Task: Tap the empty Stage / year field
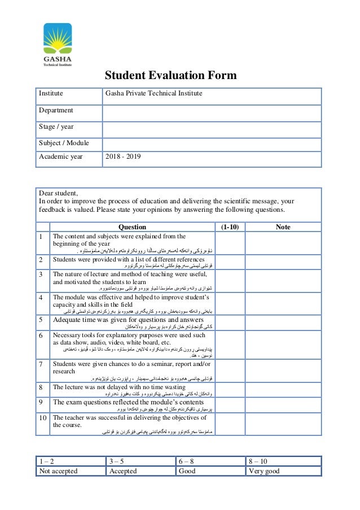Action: pyautogui.click(x=211, y=128)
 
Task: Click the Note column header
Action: pyautogui.click(x=283, y=227)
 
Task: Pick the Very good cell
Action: pyautogui.click(x=264, y=471)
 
